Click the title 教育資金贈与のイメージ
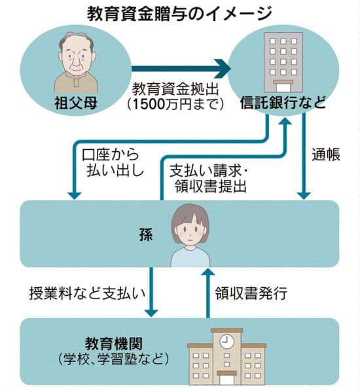click(179, 14)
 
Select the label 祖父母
click(76, 103)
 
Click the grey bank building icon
click(283, 62)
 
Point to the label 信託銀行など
click(283, 102)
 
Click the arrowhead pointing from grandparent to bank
click(223, 69)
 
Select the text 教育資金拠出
click(175, 89)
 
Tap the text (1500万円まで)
click(175, 104)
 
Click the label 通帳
click(326, 154)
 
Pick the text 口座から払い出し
click(113, 162)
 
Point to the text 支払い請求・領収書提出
click(208, 179)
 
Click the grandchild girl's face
click(190, 231)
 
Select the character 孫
click(146, 234)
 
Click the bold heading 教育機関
click(114, 344)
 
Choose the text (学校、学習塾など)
click(114, 359)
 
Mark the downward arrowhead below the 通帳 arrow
click(304, 196)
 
